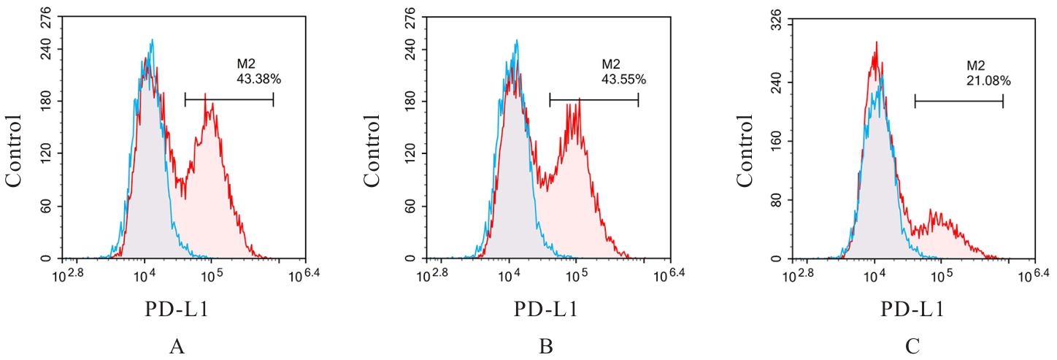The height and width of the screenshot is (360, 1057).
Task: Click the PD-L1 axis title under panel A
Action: click(175, 310)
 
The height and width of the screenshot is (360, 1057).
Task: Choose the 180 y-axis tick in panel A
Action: click(45, 102)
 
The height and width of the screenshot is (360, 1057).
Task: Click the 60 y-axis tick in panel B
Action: click(411, 207)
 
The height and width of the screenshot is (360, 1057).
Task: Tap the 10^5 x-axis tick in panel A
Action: click(210, 276)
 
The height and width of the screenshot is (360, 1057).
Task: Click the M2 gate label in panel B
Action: click(610, 63)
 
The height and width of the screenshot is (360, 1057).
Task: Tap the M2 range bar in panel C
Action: click(958, 102)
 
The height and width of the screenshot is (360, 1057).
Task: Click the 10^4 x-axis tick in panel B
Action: click(508, 276)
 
